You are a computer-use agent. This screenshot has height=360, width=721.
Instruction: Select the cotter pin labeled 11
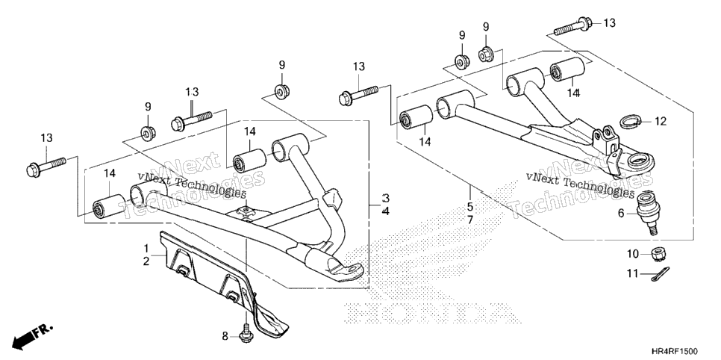661,273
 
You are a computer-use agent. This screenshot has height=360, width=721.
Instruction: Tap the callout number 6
621,213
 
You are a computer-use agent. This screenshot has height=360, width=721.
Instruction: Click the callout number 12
661,122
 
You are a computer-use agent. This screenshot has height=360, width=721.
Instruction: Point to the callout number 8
225,337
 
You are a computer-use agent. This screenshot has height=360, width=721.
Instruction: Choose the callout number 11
633,274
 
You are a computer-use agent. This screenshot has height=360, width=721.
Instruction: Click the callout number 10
633,253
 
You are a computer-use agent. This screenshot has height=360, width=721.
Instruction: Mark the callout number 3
386,199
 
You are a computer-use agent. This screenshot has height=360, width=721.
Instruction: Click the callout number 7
470,220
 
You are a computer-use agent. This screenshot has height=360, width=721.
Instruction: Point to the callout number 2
146,261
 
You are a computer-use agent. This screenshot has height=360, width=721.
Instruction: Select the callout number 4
386,212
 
